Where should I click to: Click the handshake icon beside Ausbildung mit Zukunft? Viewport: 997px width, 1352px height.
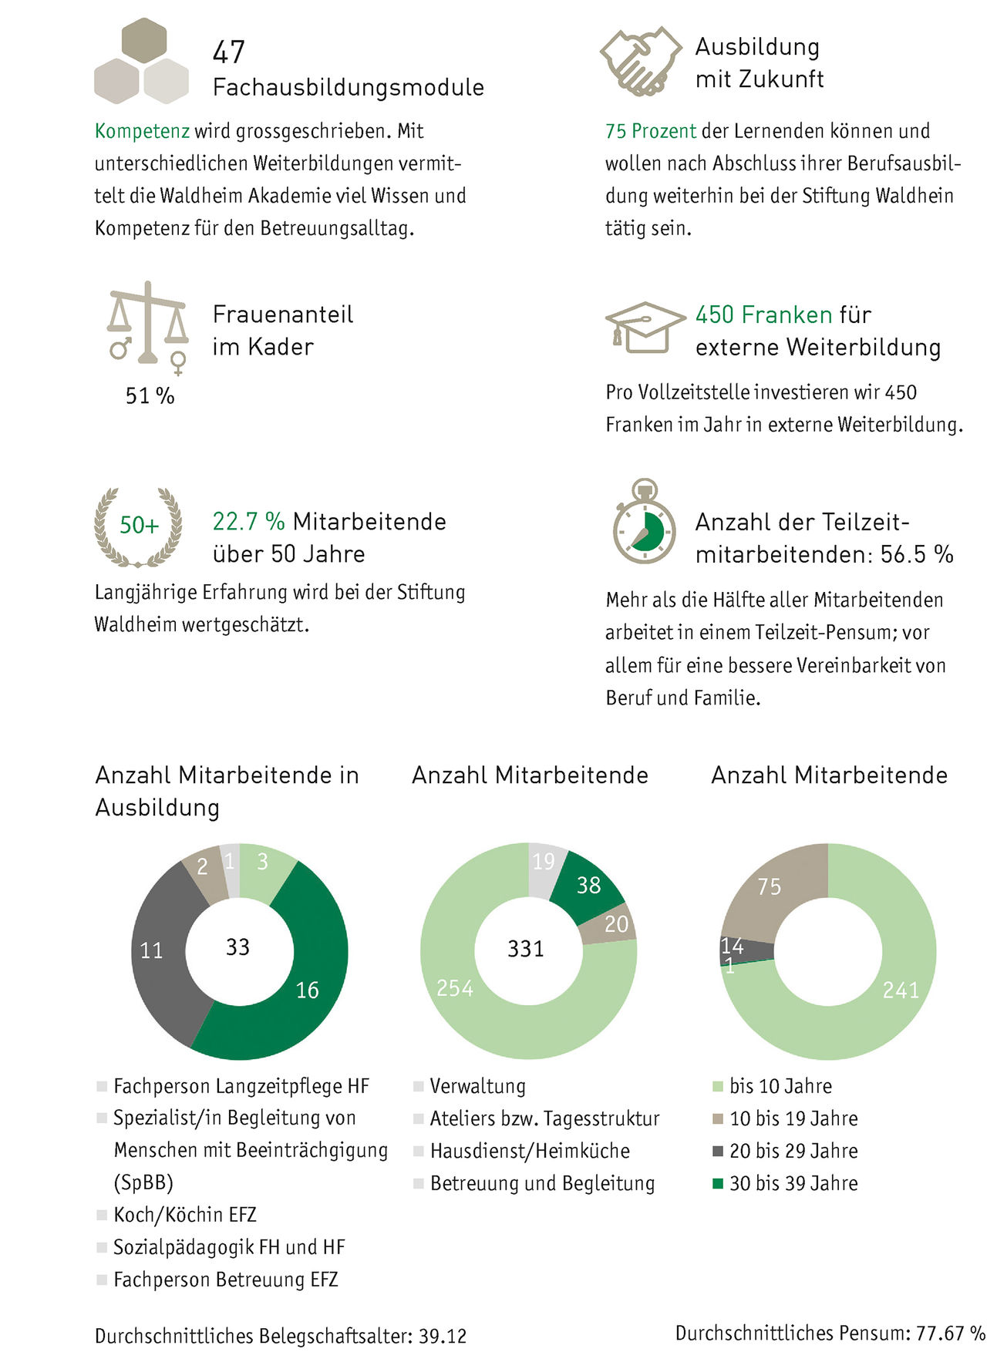[640, 61]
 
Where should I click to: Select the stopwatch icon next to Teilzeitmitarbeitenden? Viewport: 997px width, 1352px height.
[645, 522]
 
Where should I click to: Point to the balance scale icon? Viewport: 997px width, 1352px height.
[148, 323]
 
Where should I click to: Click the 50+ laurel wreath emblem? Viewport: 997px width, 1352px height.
[139, 526]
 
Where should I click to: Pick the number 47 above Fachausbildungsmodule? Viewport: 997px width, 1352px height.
[228, 52]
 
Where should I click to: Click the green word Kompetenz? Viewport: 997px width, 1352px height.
[142, 131]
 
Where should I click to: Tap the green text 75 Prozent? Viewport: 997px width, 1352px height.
[650, 131]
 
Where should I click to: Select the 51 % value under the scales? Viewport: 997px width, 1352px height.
[150, 396]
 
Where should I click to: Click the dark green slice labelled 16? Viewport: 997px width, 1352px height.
[307, 979]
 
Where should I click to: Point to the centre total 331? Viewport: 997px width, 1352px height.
[526, 949]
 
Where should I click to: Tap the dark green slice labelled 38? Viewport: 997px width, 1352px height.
[589, 884]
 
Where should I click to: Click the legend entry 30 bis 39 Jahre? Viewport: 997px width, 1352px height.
[793, 1183]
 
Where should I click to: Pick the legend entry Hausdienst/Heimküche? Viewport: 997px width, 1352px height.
[530, 1151]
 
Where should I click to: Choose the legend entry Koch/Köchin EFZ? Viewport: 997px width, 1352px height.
[184, 1215]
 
